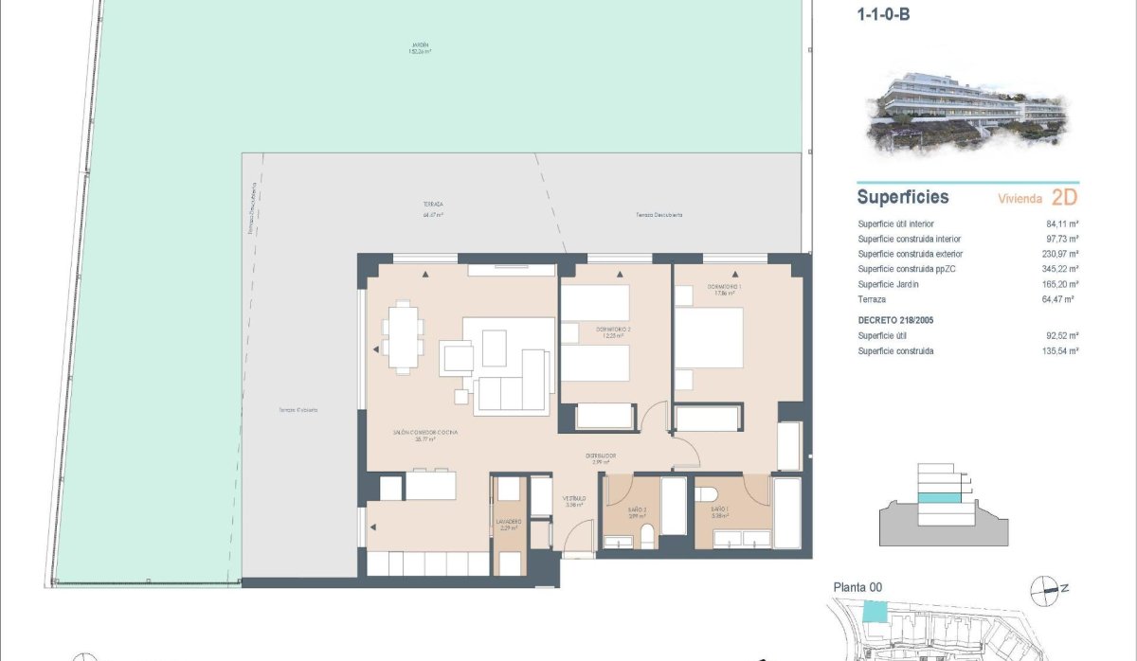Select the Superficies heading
[902, 198]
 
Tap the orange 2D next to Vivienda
[1064, 198]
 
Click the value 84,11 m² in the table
[1061, 224]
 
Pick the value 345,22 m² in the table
[1060, 269]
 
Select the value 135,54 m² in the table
[1060, 351]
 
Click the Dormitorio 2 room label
[613, 330]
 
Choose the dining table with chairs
[404, 335]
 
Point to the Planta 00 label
[857, 588]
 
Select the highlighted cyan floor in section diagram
[944, 497]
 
